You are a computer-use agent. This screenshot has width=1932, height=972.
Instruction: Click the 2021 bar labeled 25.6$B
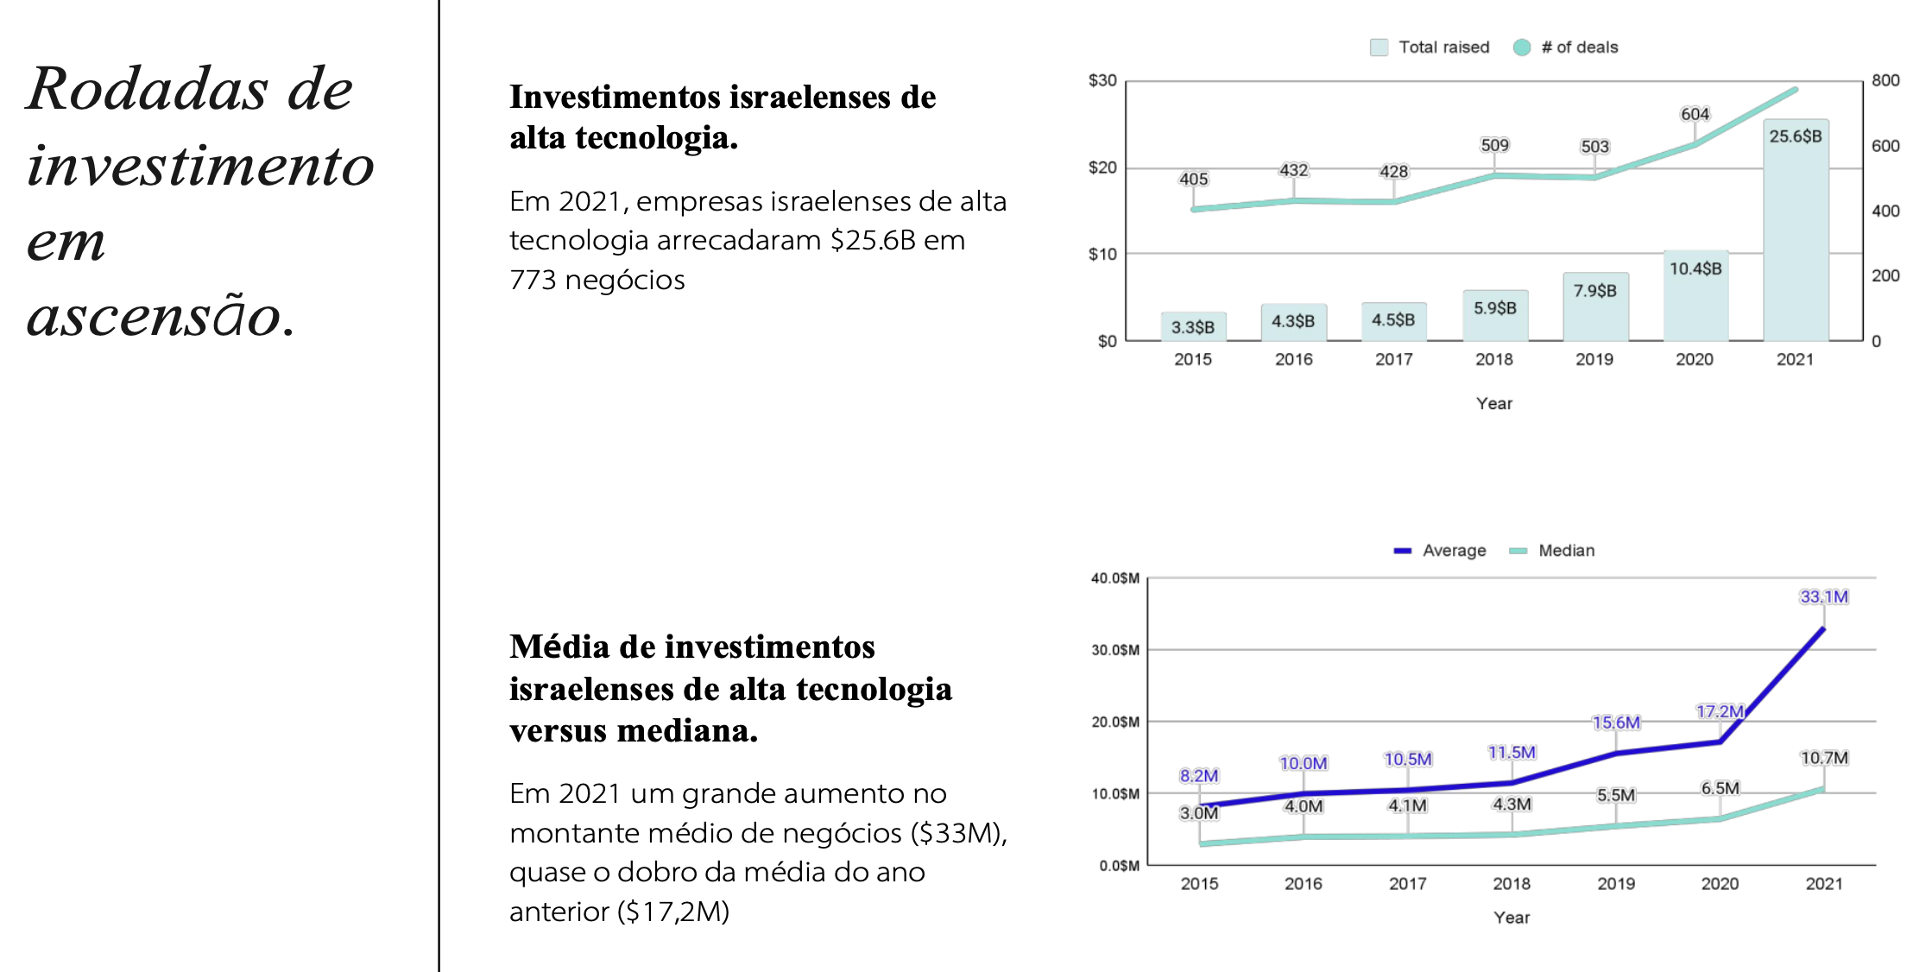point(1796,233)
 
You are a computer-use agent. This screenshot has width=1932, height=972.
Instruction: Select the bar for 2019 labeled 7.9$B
point(1595,309)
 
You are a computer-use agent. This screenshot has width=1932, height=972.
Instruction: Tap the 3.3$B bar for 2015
point(1193,327)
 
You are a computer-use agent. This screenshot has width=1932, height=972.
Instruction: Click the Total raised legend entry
point(1430,47)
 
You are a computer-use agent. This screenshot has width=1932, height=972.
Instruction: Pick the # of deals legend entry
point(1567,47)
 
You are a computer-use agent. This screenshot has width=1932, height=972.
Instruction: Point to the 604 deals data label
point(1695,114)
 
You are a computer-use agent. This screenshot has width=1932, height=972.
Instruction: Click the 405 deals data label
point(1193,179)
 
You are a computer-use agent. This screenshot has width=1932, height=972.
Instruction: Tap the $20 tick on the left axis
point(1102,167)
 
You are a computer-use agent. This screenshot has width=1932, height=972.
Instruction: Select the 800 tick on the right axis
point(1885,80)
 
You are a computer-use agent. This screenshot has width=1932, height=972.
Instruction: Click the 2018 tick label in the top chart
point(1494,359)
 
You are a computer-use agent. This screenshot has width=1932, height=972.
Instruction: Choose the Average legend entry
point(1441,551)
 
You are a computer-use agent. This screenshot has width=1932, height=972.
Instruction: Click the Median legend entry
point(1552,551)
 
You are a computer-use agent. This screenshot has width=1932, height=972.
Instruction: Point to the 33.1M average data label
point(1824,596)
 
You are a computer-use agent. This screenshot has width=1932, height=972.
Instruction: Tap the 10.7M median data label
point(1824,758)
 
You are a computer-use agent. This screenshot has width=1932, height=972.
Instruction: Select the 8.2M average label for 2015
point(1199,775)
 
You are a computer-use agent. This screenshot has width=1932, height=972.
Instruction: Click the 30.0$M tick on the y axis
point(1115,650)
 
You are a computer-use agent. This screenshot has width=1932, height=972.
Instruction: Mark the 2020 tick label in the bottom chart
point(1720,883)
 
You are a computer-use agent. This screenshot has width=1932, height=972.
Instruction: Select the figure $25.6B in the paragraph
point(873,240)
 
